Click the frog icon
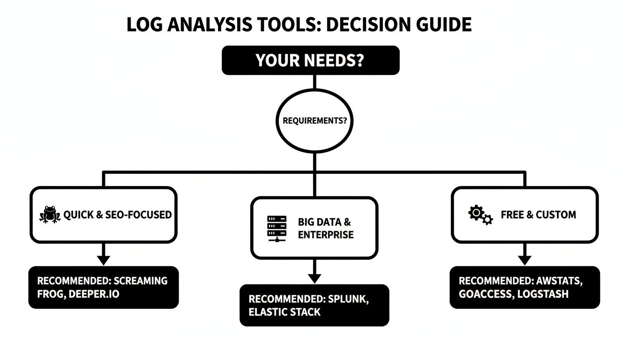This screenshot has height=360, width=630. (49, 215)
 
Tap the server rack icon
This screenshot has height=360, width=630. (277, 228)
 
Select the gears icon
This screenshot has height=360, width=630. (480, 215)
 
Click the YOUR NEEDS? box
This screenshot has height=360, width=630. (310, 60)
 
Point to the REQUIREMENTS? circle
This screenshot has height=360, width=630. (315, 120)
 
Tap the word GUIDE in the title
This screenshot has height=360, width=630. (444, 24)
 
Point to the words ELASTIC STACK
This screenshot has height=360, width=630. (285, 312)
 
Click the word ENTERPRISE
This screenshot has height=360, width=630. (326, 234)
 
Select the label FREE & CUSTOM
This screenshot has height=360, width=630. (538, 215)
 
